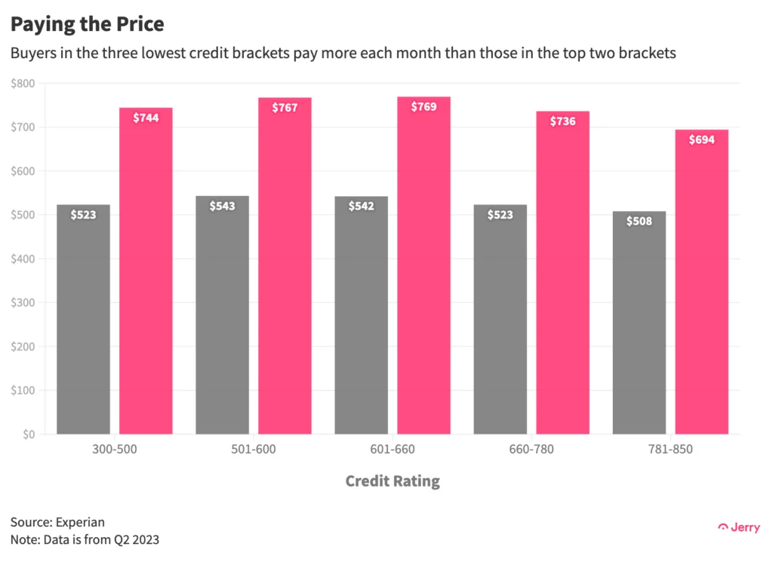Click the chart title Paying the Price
(87, 24)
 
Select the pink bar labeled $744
(146, 272)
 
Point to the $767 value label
(285, 108)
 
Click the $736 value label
(562, 121)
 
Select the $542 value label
(361, 206)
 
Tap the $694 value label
(701, 140)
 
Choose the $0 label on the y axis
(28, 434)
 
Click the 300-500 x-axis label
(114, 450)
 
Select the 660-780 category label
(531, 450)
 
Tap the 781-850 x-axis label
(670, 450)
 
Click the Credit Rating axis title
(393, 481)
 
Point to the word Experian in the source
(79, 522)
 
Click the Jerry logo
(739, 527)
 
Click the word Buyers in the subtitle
(32, 54)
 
